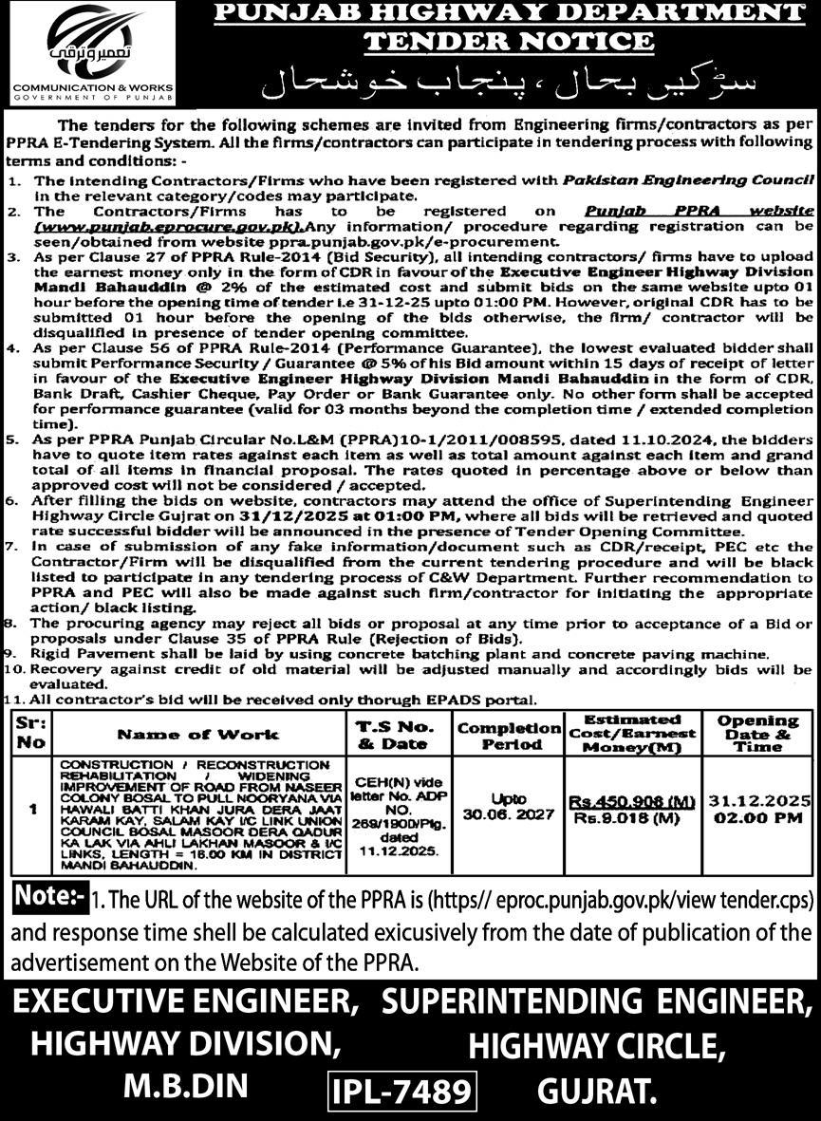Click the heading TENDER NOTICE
pos(509,42)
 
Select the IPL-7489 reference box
pos(401,1090)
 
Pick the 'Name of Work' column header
pos(198,734)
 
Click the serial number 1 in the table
pos(33,809)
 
